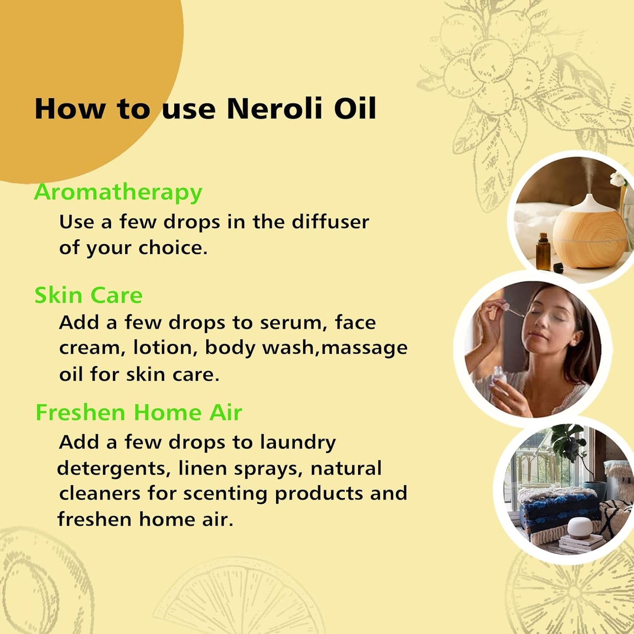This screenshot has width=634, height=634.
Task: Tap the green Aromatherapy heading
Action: [118, 193]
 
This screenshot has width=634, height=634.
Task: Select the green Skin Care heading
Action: [88, 295]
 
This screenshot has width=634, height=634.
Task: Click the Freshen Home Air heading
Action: [138, 413]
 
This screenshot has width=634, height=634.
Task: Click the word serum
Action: [293, 323]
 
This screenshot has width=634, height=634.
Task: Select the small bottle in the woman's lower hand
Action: [498, 376]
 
